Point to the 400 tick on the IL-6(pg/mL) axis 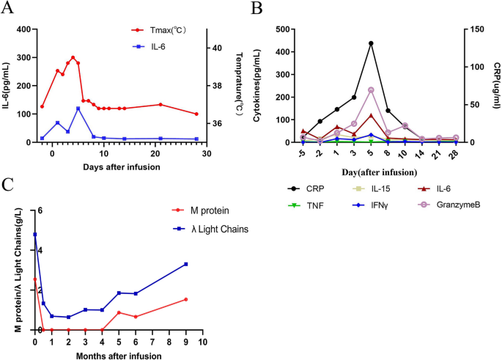pos(21,29)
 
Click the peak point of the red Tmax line pos(73,57)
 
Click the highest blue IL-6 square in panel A pos(78,109)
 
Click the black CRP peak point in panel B pos(371,43)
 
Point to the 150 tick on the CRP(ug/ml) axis pos(477,29)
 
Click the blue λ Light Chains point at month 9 pos(186,264)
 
